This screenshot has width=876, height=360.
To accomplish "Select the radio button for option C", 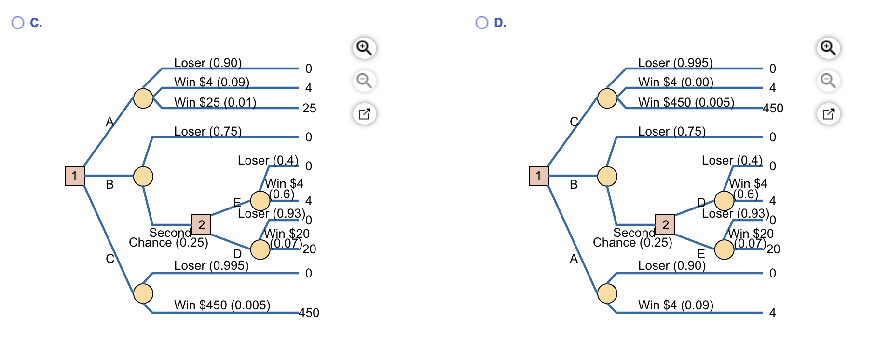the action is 18,23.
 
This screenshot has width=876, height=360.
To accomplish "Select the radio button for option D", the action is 482,23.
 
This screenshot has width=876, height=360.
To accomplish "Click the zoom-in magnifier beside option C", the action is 364,48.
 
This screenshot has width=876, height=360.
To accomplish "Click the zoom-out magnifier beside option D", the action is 828,81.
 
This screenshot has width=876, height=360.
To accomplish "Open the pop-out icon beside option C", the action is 364,114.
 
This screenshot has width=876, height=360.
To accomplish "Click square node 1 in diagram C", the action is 75,176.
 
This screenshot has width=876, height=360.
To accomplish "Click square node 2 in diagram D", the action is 665,224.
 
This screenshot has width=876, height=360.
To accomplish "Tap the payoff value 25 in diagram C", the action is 309,108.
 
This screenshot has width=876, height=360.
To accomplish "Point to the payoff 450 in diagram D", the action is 773,108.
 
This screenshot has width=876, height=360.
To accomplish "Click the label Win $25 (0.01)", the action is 215,102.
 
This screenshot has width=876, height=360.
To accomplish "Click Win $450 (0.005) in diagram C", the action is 222,305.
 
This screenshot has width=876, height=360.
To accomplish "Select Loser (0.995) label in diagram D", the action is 675,63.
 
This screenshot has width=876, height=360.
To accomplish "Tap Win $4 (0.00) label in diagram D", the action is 676,82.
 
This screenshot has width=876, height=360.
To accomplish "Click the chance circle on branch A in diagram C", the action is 143,98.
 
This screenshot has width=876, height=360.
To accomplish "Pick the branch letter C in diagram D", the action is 574,122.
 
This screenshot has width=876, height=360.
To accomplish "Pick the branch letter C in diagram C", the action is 110,259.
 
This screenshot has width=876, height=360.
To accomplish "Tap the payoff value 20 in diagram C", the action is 309,249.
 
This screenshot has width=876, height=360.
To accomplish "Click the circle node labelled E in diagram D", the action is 724,249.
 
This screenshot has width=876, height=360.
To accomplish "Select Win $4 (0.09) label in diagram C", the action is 212,82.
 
